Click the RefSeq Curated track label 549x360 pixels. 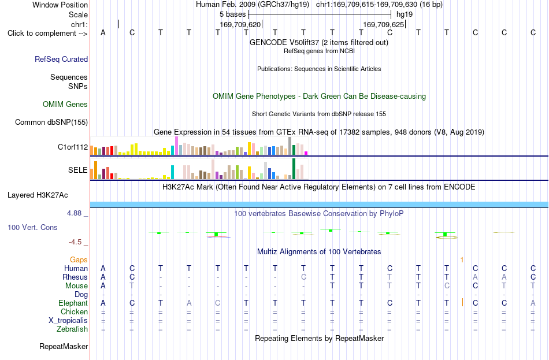[61, 59]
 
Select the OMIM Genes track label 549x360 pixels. [65, 104]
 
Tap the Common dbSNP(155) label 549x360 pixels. [51, 123]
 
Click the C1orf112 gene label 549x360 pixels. [73, 147]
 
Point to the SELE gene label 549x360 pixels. [78, 170]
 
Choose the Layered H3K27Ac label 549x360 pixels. [38, 195]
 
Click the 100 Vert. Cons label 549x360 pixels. [32, 227]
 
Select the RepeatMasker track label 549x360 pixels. [64, 346]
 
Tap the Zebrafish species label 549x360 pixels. [72, 329]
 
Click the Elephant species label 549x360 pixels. [73, 303]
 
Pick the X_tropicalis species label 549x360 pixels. [68, 321]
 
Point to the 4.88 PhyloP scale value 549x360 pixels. [74, 213]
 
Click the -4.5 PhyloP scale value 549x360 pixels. [75, 242]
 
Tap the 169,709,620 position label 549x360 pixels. [240, 24]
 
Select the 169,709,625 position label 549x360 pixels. [384, 24]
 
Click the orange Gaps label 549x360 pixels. [79, 259]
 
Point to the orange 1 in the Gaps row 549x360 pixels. [462, 259]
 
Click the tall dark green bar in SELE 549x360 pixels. [294, 169]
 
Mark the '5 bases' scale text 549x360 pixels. [232, 14]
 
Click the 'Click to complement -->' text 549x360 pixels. [47, 34]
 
